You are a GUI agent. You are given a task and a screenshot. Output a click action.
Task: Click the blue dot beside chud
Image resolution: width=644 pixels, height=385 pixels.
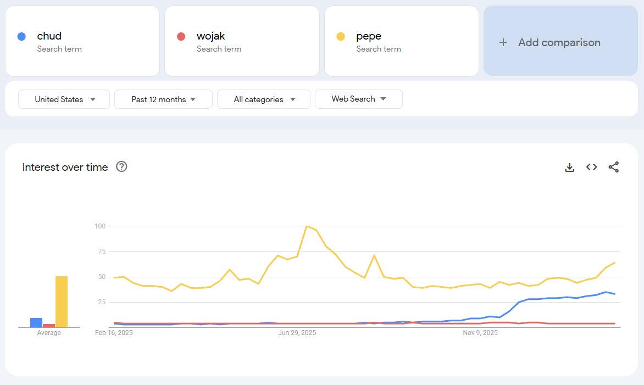(x=21, y=37)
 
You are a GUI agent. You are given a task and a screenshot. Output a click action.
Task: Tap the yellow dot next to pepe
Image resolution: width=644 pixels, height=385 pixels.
(x=341, y=37)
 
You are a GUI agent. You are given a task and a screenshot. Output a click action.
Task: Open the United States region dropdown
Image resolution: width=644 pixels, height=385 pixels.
(x=64, y=99)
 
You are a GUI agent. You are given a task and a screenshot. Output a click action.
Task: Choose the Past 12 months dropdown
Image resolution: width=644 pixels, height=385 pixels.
(x=163, y=99)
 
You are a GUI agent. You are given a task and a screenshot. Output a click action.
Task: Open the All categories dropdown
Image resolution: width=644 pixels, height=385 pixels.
(x=264, y=99)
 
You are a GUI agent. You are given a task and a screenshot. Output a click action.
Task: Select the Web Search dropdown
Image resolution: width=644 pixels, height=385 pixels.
(x=358, y=99)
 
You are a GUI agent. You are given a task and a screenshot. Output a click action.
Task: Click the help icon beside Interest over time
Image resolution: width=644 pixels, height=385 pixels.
(x=122, y=167)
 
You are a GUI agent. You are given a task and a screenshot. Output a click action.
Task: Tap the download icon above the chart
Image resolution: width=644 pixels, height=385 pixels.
(x=570, y=168)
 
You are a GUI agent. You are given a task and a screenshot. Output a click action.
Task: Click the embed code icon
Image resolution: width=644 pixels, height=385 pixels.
(x=592, y=167)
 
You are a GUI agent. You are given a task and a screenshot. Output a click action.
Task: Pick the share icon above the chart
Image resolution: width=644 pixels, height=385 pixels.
(x=614, y=167)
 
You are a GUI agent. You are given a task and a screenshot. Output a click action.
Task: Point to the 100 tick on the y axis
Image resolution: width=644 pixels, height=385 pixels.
(x=99, y=226)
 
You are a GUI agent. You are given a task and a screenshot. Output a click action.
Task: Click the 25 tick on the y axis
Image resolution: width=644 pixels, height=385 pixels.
(x=101, y=302)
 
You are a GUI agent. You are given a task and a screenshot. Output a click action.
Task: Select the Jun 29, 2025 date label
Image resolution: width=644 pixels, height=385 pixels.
(x=297, y=333)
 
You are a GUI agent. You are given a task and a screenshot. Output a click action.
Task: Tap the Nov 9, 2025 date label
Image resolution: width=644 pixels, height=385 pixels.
(x=480, y=333)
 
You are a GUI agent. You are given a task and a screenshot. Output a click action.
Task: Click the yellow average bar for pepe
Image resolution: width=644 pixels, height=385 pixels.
(x=62, y=302)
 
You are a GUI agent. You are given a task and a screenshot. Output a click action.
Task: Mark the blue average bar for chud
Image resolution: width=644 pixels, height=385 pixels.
(x=36, y=322)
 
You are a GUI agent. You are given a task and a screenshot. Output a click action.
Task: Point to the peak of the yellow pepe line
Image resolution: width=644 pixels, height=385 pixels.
(x=307, y=226)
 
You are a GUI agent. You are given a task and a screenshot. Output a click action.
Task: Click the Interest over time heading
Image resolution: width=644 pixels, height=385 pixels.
(x=65, y=168)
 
